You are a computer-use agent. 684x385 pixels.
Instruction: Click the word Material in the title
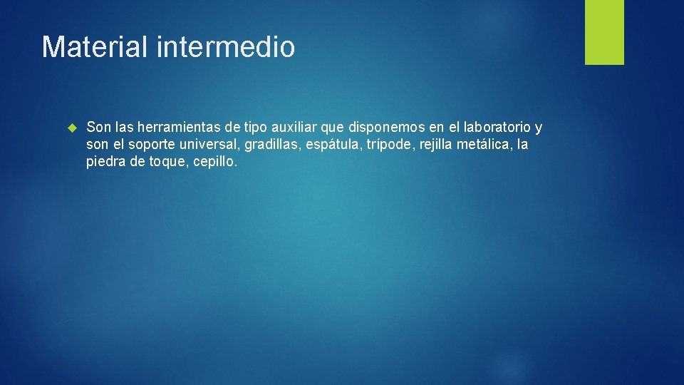pos(95,47)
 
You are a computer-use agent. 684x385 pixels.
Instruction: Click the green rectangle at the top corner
pos(604,32)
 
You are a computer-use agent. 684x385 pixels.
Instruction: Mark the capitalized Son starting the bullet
pos(98,128)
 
